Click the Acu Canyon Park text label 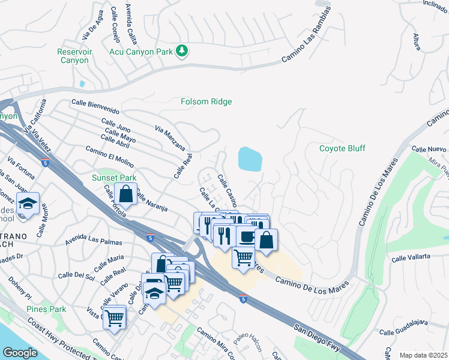(x=142, y=52)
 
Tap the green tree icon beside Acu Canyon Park (x=182, y=52)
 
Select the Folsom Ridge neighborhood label (x=206, y=102)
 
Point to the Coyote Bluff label (x=342, y=148)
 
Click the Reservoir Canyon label (x=74, y=56)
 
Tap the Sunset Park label (x=114, y=178)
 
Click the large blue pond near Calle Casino (x=250, y=159)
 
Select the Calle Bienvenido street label (x=95, y=107)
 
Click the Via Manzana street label (x=170, y=138)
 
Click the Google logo (x=20, y=352)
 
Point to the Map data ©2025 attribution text (x=423, y=355)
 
